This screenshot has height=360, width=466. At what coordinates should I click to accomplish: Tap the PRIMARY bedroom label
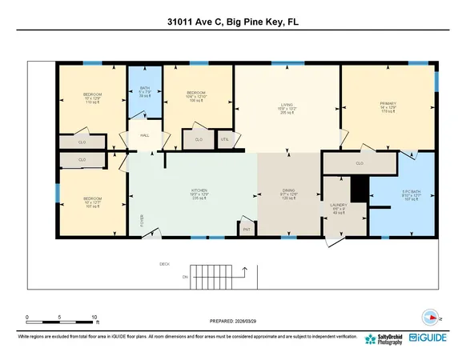tap(388, 103)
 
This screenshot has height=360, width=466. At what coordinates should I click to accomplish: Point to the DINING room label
tap(287, 193)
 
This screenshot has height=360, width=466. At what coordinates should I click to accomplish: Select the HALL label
tap(145, 135)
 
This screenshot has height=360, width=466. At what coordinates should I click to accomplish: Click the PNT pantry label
tap(246, 230)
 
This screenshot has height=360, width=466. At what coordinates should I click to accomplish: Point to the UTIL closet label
tap(224, 139)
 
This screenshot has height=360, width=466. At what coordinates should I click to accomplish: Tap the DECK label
tap(165, 263)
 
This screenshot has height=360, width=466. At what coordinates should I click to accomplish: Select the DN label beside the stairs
tap(184, 277)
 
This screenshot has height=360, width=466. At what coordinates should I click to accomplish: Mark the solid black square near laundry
tap(358, 190)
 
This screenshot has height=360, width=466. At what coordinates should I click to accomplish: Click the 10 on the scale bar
tap(95, 318)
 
